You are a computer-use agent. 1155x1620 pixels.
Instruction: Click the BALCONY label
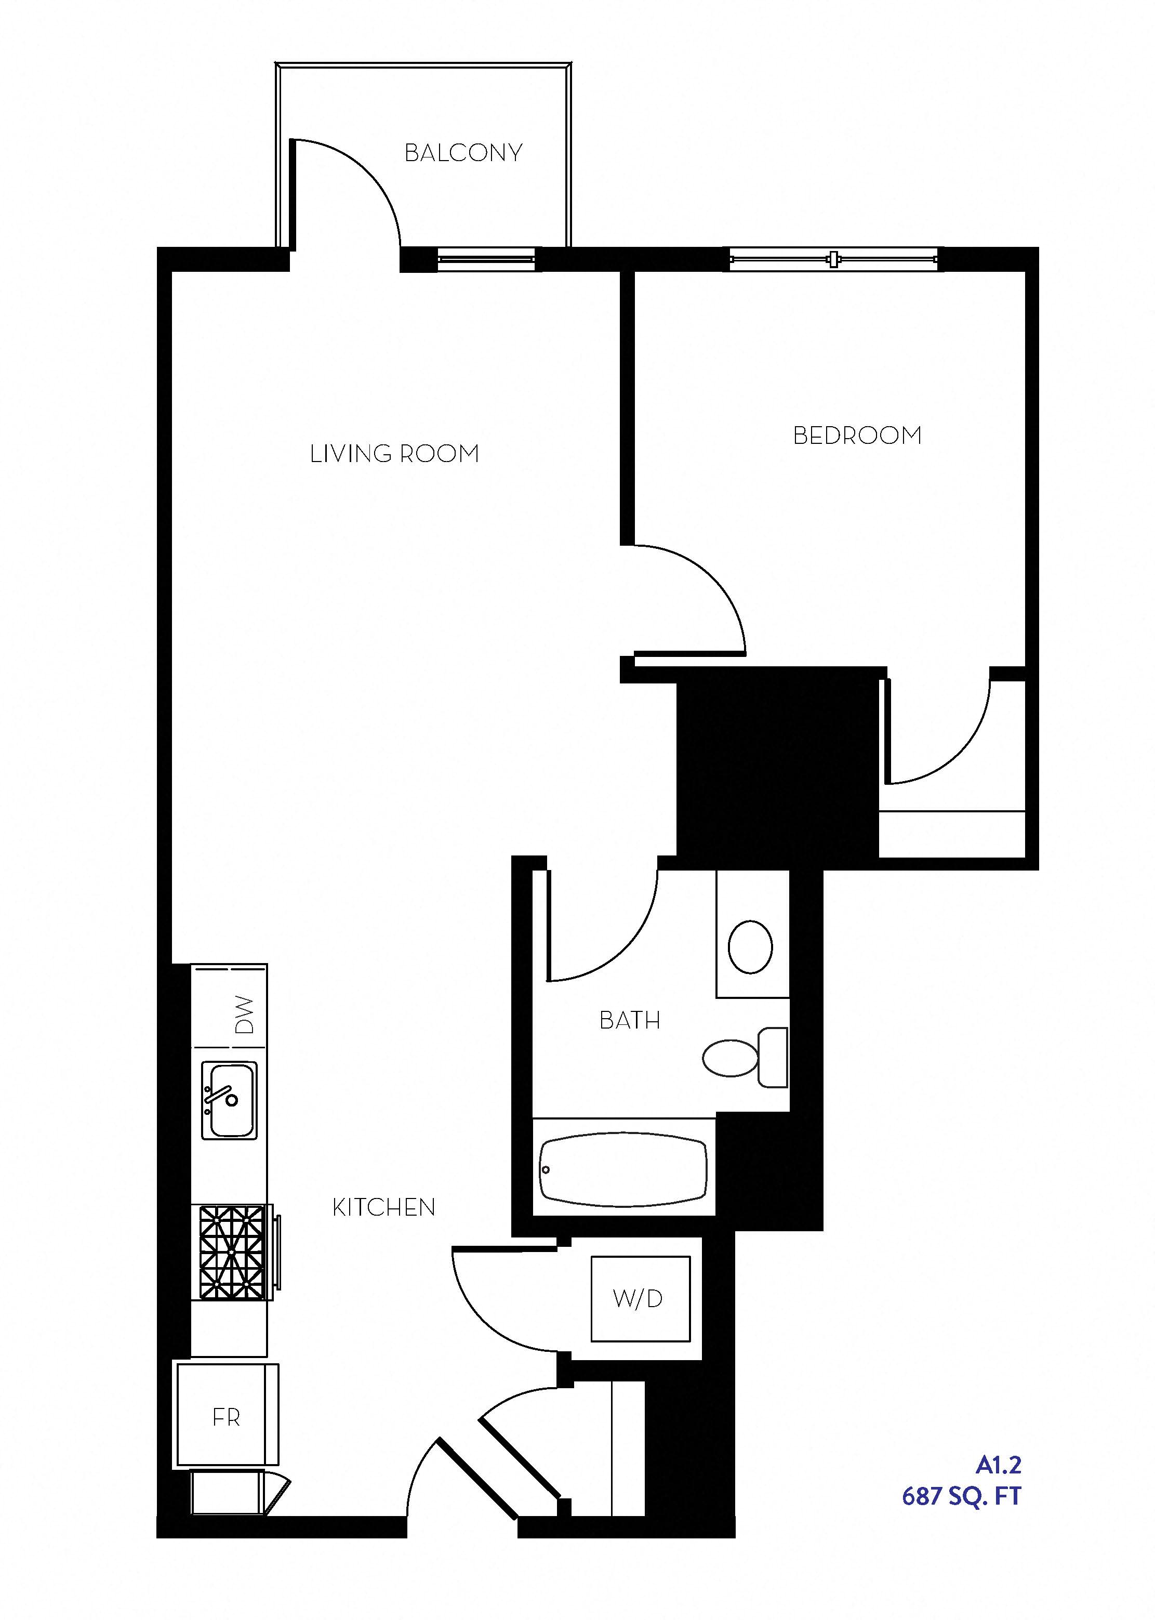coord(463,153)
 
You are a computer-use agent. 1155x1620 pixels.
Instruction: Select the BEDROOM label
coord(857,436)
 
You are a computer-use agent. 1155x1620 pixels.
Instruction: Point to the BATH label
coord(629,1021)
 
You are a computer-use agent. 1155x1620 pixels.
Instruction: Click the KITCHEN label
coord(383,1207)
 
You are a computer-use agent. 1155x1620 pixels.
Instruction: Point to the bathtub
coord(623,1169)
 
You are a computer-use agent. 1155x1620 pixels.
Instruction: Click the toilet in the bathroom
coord(743,1058)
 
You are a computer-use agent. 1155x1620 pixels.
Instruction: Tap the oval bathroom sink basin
coord(750,946)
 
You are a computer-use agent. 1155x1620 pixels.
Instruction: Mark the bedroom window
coord(833,260)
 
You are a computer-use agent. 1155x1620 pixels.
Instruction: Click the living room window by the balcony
coord(486,260)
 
